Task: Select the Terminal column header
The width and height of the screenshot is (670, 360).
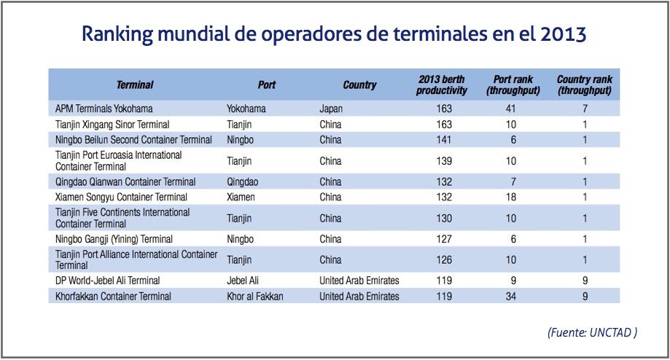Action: [135, 85]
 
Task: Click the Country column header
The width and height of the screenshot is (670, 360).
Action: [359, 85]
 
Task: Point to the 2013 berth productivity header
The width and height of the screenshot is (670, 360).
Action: [442, 85]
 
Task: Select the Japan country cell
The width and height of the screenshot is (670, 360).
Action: [332, 109]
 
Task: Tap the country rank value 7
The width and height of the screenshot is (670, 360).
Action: [585, 109]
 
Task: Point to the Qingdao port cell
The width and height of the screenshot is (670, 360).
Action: [244, 181]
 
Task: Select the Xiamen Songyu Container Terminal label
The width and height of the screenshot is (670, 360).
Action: [121, 197]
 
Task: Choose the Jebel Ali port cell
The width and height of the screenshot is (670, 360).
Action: [245, 281]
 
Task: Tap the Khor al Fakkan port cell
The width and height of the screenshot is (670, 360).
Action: [254, 297]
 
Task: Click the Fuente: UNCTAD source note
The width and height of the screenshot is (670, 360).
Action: [592, 332]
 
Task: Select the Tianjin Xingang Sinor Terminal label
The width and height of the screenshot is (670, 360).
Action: [112, 125]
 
